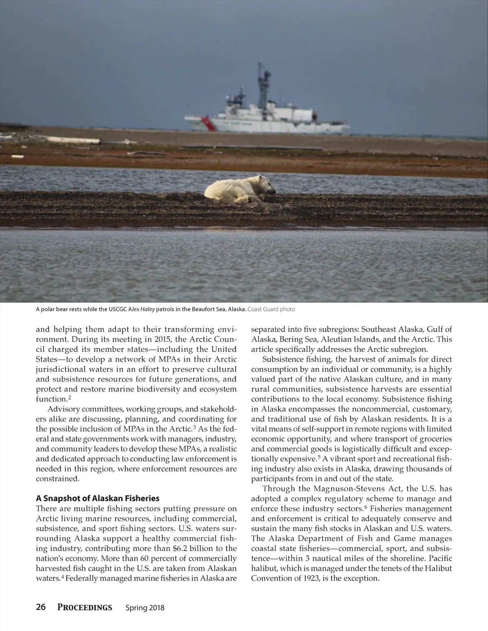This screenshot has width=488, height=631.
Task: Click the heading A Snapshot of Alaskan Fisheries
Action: point(98,498)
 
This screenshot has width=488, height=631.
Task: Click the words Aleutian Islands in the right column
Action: point(361,339)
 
